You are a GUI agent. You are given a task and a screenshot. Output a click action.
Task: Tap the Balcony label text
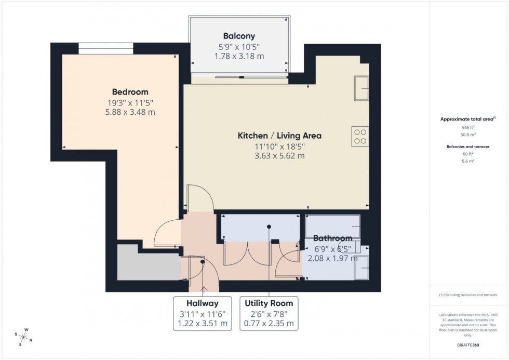pos(239,36)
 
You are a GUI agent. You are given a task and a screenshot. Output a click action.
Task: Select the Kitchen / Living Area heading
pos(279,136)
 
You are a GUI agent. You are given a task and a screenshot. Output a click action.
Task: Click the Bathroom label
pos(332,238)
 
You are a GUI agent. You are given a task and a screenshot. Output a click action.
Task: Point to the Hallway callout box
pos(203,313)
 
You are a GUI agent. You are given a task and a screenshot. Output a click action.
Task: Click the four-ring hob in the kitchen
pos(360,136)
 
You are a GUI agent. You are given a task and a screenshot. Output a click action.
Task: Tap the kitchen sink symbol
pos(361,87)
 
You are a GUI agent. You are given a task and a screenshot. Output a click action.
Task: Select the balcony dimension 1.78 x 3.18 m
pos(239,56)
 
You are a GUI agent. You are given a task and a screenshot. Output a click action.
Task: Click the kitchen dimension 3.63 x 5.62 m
pos(279,155)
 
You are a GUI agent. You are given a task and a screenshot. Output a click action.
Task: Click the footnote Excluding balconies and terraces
pos(468,295)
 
